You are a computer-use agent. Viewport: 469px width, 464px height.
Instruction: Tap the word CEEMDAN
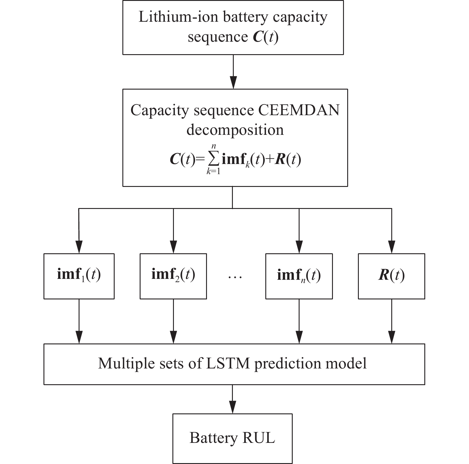(x=299, y=110)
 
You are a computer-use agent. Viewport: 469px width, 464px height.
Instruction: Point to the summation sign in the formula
(x=214, y=160)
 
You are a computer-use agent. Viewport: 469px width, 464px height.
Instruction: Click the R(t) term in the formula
(x=288, y=160)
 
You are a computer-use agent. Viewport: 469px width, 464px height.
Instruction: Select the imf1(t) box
(x=79, y=276)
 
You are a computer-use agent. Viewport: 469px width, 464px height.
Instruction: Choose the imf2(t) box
(x=173, y=276)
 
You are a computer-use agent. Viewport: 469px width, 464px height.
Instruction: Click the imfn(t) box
(x=299, y=276)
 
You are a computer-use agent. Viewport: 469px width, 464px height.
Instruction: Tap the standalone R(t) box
(x=391, y=276)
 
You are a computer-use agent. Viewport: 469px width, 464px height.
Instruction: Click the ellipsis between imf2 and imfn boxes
(x=235, y=277)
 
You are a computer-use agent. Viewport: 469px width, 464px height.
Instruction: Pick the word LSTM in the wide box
(x=228, y=363)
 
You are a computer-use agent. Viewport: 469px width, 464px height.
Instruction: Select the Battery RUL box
(x=232, y=438)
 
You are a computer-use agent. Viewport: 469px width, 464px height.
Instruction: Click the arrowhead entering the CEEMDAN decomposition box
(x=233, y=83)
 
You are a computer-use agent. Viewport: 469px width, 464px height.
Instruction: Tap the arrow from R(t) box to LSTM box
(x=391, y=321)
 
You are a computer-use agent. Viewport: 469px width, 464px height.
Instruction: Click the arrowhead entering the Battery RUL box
(x=232, y=407)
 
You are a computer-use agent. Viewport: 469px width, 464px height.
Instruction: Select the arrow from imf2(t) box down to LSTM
(x=173, y=321)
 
